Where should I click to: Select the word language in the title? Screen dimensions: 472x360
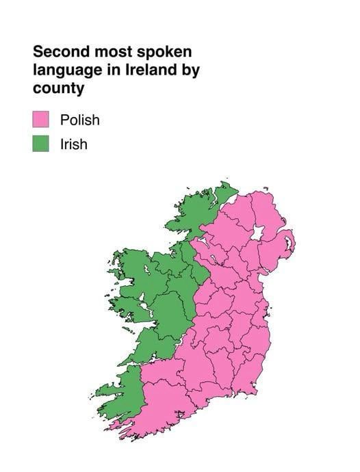coord(64,70)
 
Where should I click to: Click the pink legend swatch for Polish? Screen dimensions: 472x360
coord(40,120)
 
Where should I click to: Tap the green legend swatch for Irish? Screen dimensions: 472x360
coord(40,144)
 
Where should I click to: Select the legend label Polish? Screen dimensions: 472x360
coord(79,120)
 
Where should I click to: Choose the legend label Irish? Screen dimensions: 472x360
coord(73,144)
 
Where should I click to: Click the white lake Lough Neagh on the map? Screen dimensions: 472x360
coord(258,233)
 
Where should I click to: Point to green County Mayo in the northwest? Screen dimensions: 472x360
coord(137,274)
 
